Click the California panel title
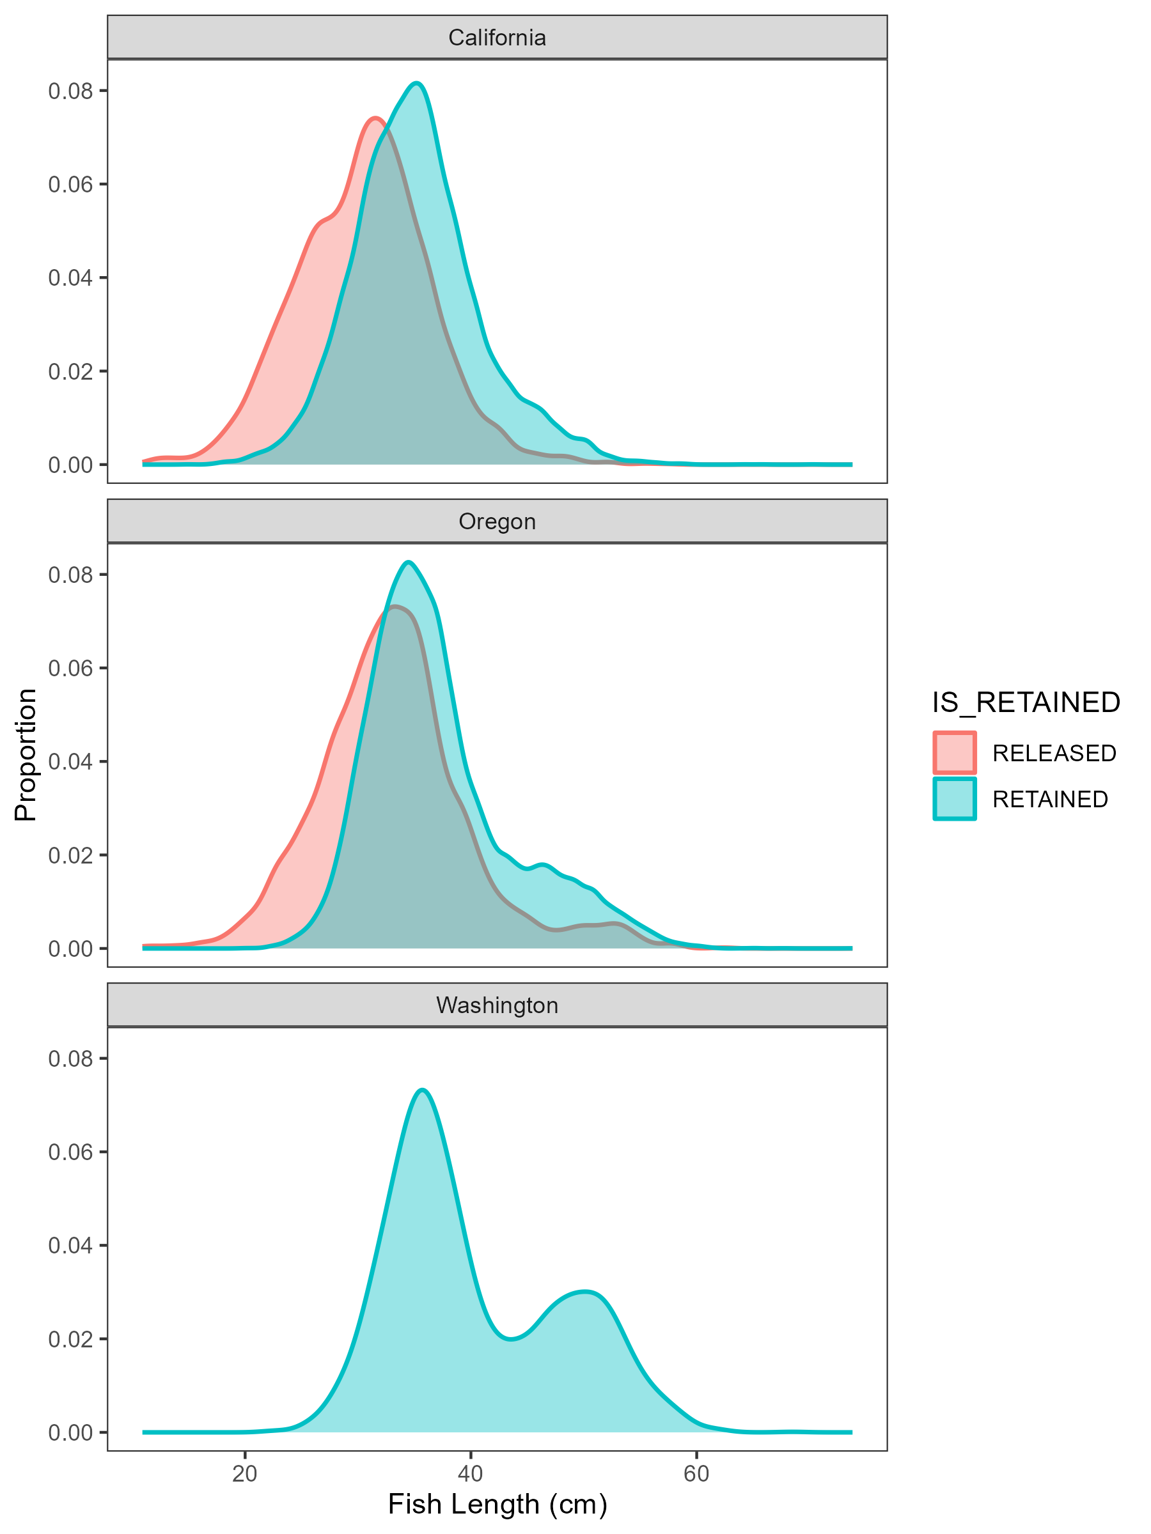pyautogui.click(x=497, y=38)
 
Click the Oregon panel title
pyautogui.click(x=497, y=522)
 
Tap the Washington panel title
pyautogui.click(x=497, y=1005)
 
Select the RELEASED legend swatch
pyautogui.click(x=954, y=752)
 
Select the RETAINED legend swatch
pyautogui.click(x=954, y=799)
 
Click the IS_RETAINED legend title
pyautogui.click(x=1026, y=702)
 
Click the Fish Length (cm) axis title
pyautogui.click(x=497, y=1503)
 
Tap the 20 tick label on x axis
pyautogui.click(x=245, y=1474)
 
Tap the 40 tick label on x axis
pyautogui.click(x=471, y=1474)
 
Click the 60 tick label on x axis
pyautogui.click(x=696, y=1474)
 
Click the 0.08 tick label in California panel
pyautogui.click(x=70, y=91)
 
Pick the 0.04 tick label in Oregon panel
pyautogui.click(x=70, y=761)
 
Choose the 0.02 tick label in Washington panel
pyautogui.click(x=70, y=1338)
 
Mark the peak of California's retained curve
pyautogui.click(x=416, y=83)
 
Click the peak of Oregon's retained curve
pyautogui.click(x=409, y=562)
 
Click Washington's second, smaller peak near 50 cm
pyautogui.click(x=587, y=1291)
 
